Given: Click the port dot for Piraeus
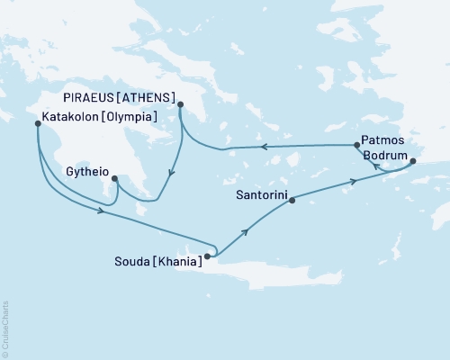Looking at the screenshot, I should click(x=181, y=104).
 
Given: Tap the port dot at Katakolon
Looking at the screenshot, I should click(x=37, y=123).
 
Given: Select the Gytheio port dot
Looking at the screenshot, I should click(x=114, y=178).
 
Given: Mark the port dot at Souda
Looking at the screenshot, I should click(x=207, y=256).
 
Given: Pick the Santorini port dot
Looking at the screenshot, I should click(x=292, y=202).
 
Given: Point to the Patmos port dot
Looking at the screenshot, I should click(x=357, y=145).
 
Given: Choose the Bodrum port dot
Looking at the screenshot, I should click(x=413, y=162).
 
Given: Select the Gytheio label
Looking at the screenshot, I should click(x=88, y=168).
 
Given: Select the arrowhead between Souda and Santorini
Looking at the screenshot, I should click(x=246, y=231).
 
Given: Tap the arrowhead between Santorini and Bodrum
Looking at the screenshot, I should click(x=354, y=182).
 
